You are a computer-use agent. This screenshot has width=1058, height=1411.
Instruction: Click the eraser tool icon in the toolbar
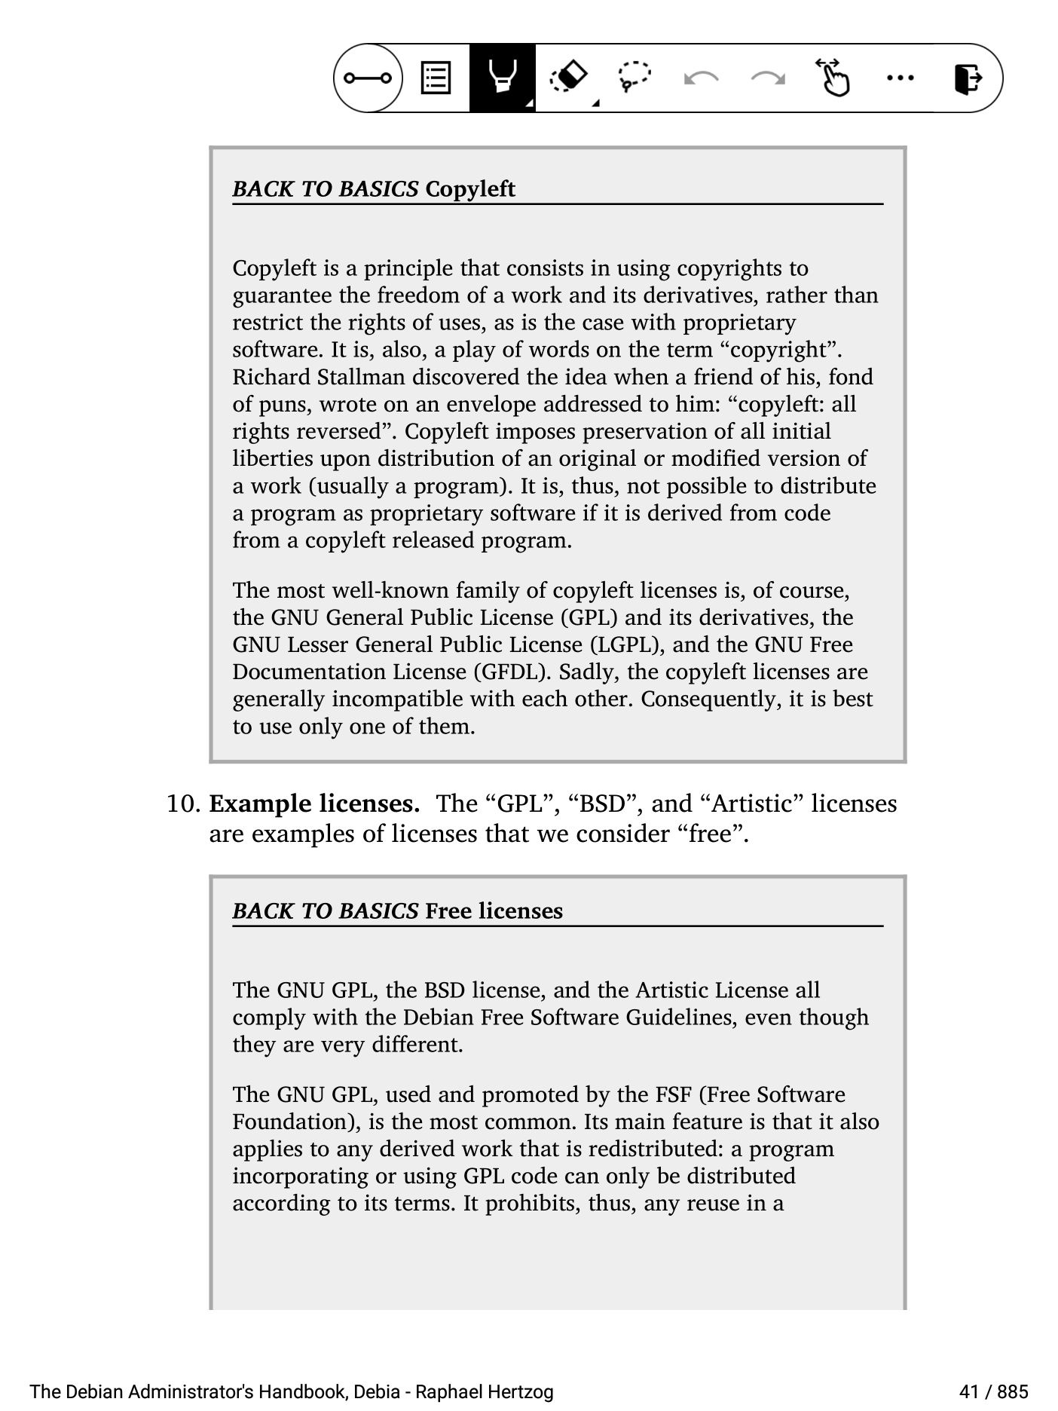570,78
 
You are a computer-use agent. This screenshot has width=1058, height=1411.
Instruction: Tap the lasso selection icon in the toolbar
634,78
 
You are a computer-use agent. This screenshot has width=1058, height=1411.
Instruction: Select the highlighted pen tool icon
502,78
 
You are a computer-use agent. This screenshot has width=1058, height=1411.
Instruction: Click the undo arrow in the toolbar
700,78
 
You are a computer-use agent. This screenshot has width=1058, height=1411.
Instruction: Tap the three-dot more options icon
900,78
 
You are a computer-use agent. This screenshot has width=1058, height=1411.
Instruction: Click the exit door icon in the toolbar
968,78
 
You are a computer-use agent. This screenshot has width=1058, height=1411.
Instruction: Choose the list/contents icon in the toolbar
436,78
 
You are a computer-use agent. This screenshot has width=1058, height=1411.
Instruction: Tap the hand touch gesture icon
833,78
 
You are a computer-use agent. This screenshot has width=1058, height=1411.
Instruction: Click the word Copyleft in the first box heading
469,188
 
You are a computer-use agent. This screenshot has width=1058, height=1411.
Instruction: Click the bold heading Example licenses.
314,803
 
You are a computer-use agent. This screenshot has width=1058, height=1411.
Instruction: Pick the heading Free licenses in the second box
494,911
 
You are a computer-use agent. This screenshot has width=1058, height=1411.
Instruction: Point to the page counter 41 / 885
993,1391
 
